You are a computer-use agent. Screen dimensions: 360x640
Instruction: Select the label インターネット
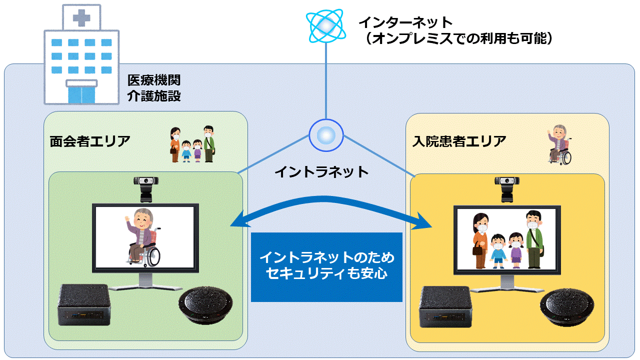(405, 22)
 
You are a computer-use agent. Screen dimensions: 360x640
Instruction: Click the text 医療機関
(153, 80)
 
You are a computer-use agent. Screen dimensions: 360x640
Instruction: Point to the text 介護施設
(153, 95)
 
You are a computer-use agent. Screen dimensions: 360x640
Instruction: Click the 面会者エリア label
(90, 141)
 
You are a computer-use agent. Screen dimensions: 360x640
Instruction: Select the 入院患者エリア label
(459, 141)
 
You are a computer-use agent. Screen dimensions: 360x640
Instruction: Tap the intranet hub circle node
(325, 135)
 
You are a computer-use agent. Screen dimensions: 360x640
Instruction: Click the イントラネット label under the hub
(321, 172)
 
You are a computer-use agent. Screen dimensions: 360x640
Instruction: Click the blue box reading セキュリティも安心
(326, 266)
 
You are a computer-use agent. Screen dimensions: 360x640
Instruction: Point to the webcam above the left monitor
(145, 188)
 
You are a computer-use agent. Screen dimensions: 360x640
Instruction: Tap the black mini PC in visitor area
(84, 304)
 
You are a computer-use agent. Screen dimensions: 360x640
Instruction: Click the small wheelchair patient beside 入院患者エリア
(560, 144)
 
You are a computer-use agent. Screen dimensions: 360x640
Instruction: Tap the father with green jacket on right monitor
(533, 239)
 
